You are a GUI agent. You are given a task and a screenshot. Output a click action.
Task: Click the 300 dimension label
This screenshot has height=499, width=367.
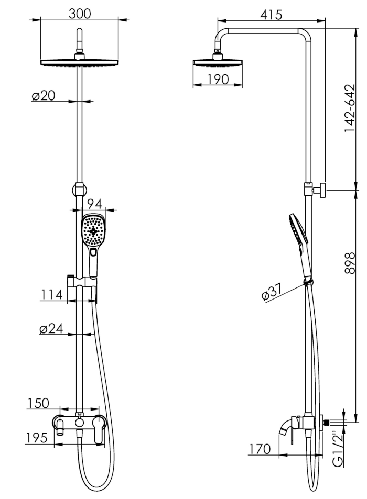(80, 14)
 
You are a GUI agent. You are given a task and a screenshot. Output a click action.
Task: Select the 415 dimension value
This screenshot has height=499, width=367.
(271, 15)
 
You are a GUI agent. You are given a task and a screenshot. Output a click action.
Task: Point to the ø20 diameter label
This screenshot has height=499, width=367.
(44, 95)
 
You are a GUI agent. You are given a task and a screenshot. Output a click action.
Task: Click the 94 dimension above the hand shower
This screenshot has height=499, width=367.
(94, 204)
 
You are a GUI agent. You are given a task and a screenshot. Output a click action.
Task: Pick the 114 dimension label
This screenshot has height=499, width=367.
(51, 295)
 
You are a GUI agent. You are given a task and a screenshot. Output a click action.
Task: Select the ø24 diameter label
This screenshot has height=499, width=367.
(51, 329)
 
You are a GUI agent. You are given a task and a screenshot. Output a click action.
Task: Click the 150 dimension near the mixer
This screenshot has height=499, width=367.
(38, 403)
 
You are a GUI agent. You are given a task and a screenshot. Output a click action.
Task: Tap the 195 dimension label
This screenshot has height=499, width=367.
(36, 438)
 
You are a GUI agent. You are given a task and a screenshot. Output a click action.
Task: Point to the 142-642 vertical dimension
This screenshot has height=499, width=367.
(350, 108)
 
